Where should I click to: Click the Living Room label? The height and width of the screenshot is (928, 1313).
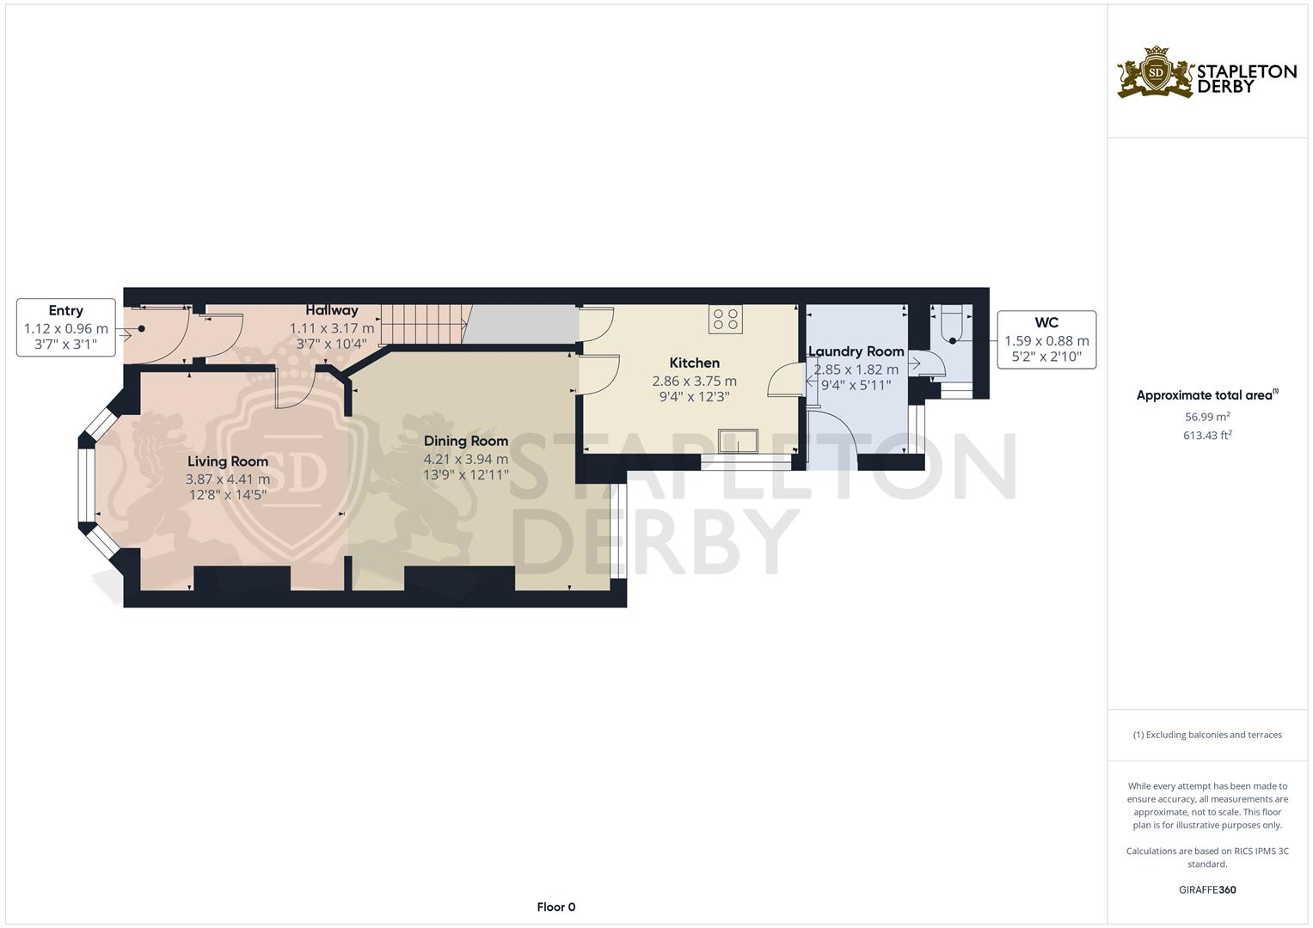point(228,461)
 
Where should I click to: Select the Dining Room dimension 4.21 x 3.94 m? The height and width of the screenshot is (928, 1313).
point(465,459)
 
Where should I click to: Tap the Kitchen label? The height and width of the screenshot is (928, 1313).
point(694,363)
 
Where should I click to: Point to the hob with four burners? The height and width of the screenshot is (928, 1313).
point(726,320)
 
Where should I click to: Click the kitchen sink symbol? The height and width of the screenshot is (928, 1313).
point(739,441)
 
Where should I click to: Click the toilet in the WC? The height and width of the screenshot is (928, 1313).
point(953,327)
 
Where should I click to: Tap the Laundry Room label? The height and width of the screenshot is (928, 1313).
point(856,351)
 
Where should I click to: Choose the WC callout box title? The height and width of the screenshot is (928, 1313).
point(1046,323)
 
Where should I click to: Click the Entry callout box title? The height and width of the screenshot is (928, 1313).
point(65,310)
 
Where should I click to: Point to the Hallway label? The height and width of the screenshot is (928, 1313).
point(332,310)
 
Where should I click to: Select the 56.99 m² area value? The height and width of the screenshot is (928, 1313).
point(1207,417)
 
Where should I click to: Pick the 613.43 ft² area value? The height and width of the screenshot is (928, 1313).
point(1207,436)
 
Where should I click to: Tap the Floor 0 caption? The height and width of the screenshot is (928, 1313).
point(555,907)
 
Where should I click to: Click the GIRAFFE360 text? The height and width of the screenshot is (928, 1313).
point(1207,889)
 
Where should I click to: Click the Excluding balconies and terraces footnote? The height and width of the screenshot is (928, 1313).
point(1207,735)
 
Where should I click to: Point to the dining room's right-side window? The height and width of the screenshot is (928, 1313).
point(617,529)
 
